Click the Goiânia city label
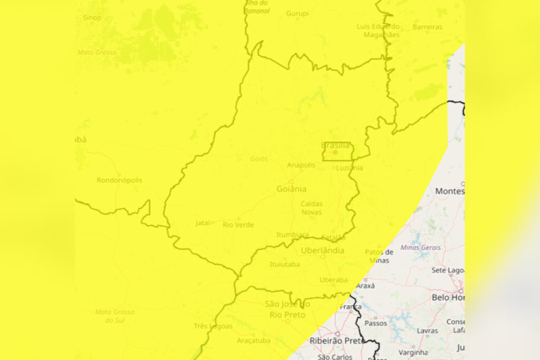292,189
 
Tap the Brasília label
335,145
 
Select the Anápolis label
301,165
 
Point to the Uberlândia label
323,250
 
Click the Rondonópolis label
119,180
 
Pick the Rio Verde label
238,225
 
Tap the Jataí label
203,223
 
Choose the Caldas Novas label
311,208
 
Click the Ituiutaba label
284,264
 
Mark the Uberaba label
334,280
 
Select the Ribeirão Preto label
338,340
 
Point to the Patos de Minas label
379,256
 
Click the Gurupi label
297,13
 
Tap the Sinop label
92,17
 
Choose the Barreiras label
427,26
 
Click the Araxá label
365,286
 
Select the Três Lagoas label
213,326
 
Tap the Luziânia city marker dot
333,168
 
